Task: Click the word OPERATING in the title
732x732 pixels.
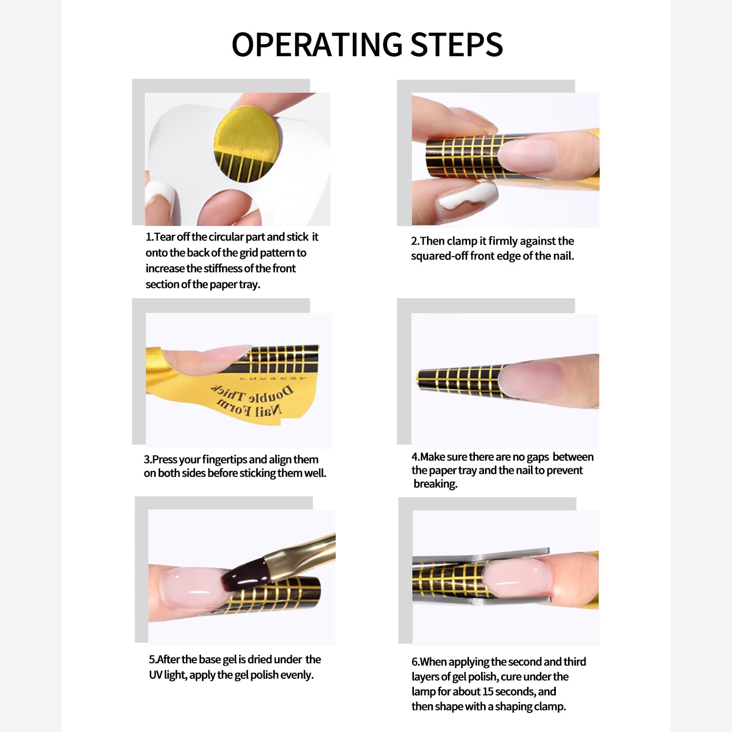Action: click(x=317, y=44)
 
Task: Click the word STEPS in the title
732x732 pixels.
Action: click(x=457, y=44)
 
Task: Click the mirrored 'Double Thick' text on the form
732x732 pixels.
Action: click(x=252, y=394)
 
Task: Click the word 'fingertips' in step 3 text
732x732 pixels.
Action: click(x=224, y=460)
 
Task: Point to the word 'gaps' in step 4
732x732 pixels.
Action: click(x=538, y=457)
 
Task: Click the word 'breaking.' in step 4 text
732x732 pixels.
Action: click(x=435, y=484)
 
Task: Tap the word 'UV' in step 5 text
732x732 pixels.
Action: click(x=155, y=675)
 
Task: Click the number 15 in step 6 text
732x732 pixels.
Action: click(x=488, y=691)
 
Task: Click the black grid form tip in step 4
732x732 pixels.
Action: click(x=459, y=381)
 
